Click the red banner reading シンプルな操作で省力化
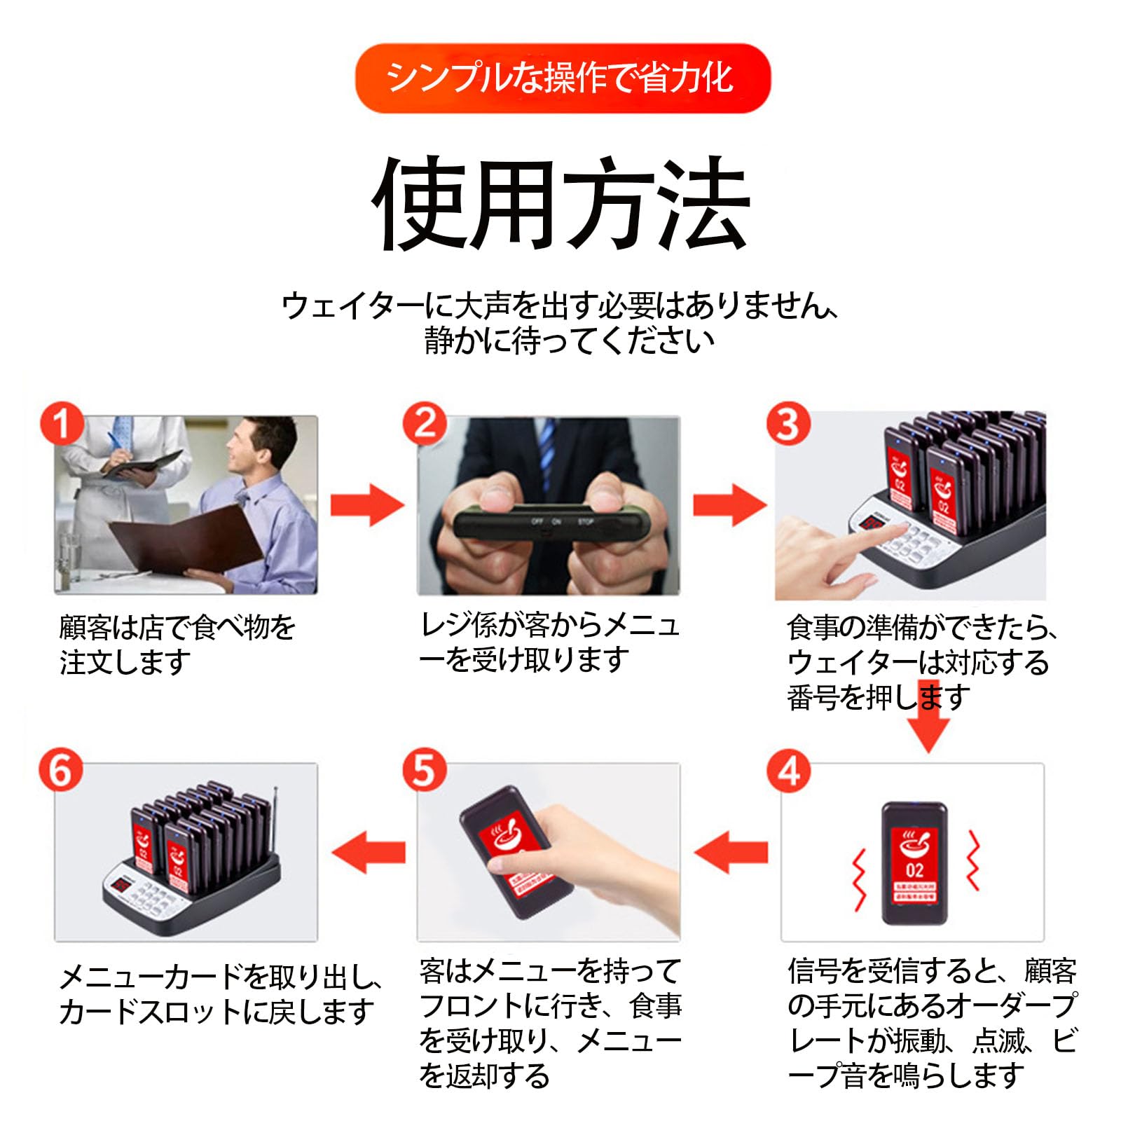point(563,78)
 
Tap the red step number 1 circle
point(62,423)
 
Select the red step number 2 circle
point(425,423)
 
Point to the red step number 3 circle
point(788,423)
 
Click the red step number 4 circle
point(789,771)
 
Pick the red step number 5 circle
point(425,770)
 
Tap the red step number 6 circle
point(61,770)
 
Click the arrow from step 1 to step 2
point(366,504)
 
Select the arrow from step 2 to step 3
point(729,504)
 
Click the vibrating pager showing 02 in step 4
point(914,862)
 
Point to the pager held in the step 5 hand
point(515,851)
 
